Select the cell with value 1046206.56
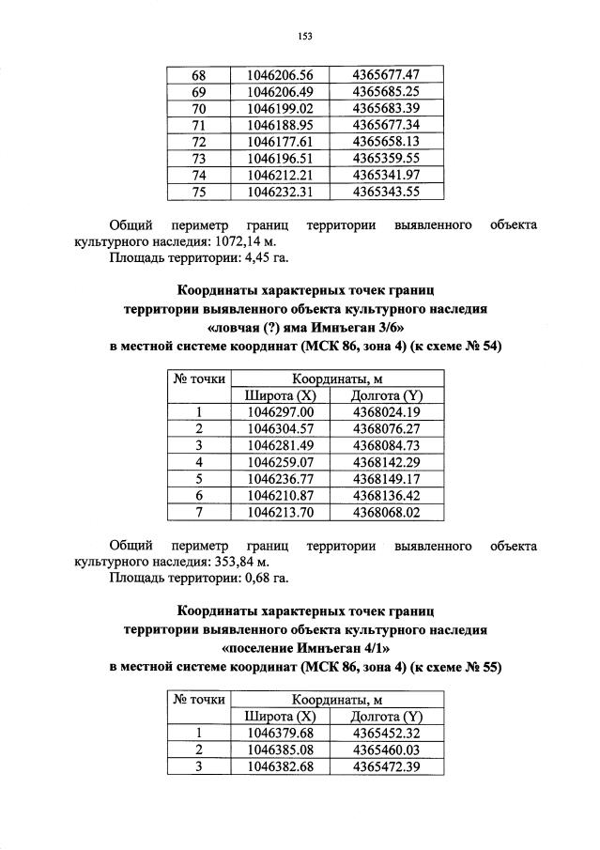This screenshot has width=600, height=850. click(x=279, y=74)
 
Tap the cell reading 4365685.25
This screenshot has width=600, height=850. click(x=385, y=91)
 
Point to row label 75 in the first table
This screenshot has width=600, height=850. click(x=198, y=192)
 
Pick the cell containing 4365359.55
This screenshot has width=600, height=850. click(x=385, y=158)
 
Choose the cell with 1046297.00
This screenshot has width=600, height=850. click(x=279, y=411)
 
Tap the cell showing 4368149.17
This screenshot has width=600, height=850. click(x=385, y=478)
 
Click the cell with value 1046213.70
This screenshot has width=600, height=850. click(x=279, y=512)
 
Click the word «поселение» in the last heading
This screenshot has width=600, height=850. click(x=263, y=648)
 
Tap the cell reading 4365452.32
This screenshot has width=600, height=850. click(x=385, y=733)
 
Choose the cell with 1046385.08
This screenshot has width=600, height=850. click(x=279, y=750)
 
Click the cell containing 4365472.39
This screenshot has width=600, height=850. click(x=385, y=766)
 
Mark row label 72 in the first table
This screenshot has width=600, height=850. click(x=198, y=141)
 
